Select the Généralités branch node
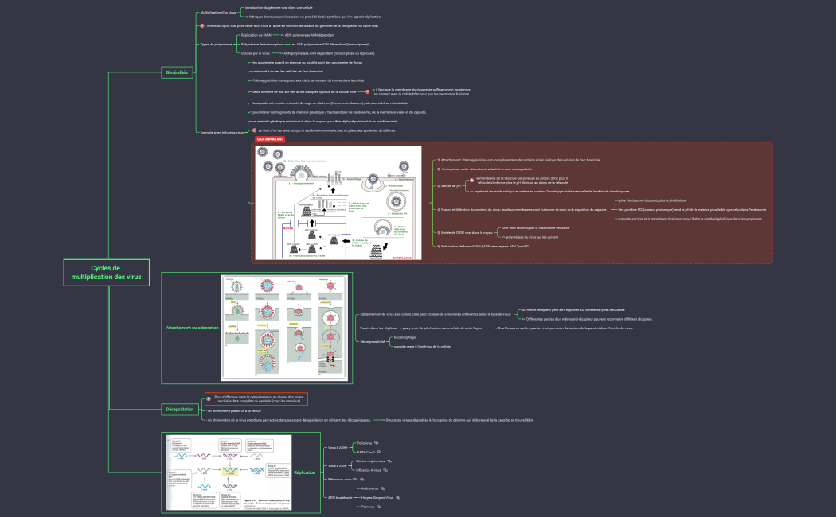point(178,72)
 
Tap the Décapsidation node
point(179,410)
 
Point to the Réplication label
point(304,472)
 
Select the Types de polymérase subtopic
point(216,45)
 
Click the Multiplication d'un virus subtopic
point(218,13)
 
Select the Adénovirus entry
point(370,488)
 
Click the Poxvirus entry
point(368,507)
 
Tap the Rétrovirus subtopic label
point(335,480)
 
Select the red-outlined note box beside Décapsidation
point(256,398)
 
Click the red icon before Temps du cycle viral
point(201,26)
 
